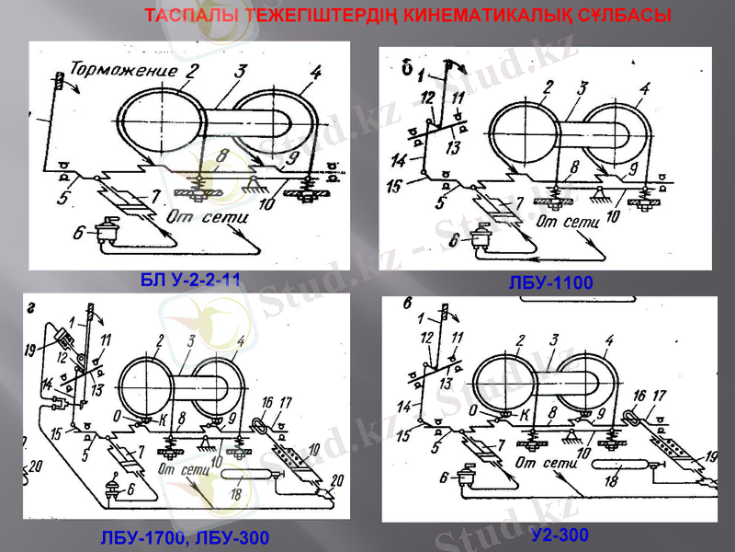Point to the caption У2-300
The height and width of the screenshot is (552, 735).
(559, 535)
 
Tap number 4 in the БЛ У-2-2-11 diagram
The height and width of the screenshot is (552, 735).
(315, 72)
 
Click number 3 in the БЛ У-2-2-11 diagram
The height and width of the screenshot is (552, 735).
(241, 71)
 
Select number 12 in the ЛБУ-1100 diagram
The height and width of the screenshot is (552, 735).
(427, 98)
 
